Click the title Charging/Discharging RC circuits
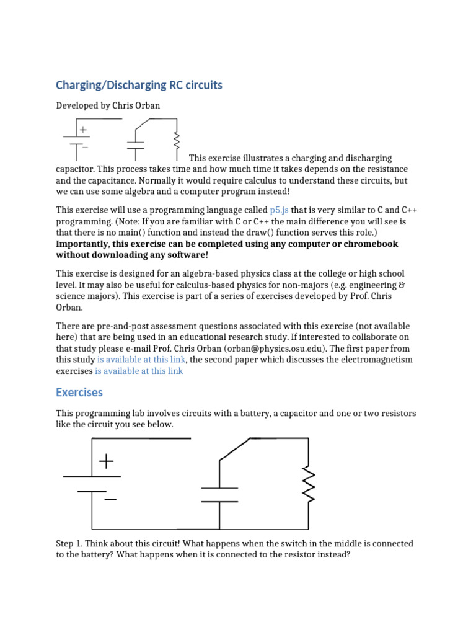[139, 85]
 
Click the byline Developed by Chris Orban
[108, 105]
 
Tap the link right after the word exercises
[138, 371]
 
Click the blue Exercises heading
[79, 393]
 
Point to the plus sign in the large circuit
[107, 461]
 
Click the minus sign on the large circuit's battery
[110, 499]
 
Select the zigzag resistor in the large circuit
[308, 485]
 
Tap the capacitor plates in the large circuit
[219, 495]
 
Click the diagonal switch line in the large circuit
[234, 449]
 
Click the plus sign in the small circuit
[82, 130]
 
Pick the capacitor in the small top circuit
[135, 146]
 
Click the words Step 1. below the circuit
[70, 544]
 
